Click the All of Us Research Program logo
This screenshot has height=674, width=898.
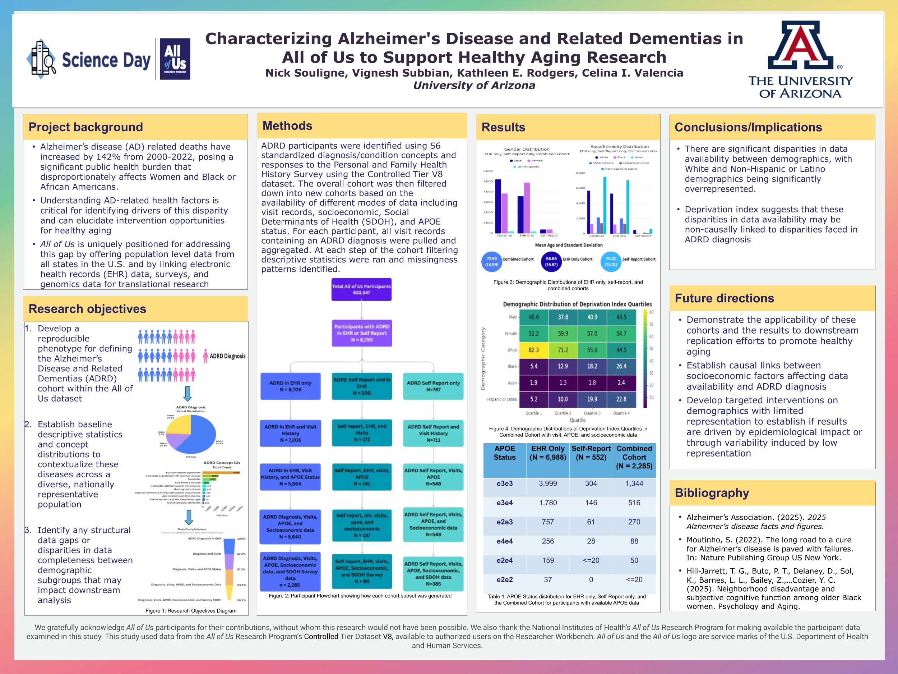point(175,59)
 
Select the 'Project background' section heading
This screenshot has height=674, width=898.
point(85,127)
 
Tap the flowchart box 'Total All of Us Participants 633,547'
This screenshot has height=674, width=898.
point(361,289)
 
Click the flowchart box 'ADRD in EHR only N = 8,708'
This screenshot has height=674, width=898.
point(290,386)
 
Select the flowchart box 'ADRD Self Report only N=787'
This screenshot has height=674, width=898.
point(433,386)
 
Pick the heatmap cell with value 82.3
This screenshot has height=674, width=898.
point(533,350)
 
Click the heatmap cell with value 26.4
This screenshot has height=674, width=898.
point(621,366)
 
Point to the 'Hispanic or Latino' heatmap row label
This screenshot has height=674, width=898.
point(502,399)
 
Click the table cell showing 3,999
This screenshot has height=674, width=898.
point(548,483)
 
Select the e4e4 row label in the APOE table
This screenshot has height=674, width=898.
point(505,541)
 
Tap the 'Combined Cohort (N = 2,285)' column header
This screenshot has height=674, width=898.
point(634,457)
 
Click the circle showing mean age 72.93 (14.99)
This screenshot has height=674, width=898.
point(492,261)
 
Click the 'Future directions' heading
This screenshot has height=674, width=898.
point(724,298)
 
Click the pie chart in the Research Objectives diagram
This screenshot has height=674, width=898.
point(191,434)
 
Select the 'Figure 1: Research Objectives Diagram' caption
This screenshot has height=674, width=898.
point(191,611)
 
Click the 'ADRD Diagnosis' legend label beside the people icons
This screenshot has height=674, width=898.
point(227,356)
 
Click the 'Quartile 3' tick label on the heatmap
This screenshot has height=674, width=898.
point(592,413)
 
